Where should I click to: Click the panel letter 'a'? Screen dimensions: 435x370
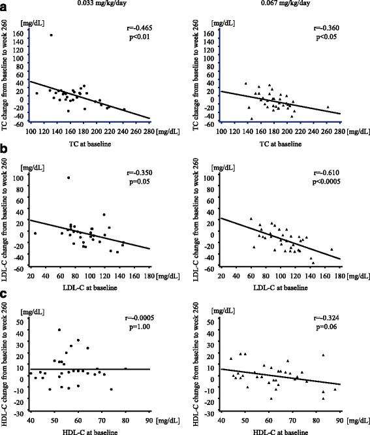(5, 5)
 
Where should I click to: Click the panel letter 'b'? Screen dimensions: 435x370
(5, 152)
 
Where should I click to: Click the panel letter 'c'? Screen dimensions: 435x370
(5, 297)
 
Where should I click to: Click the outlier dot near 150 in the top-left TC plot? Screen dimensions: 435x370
(51, 35)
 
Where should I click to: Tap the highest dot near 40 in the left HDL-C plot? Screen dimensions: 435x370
(59, 330)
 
